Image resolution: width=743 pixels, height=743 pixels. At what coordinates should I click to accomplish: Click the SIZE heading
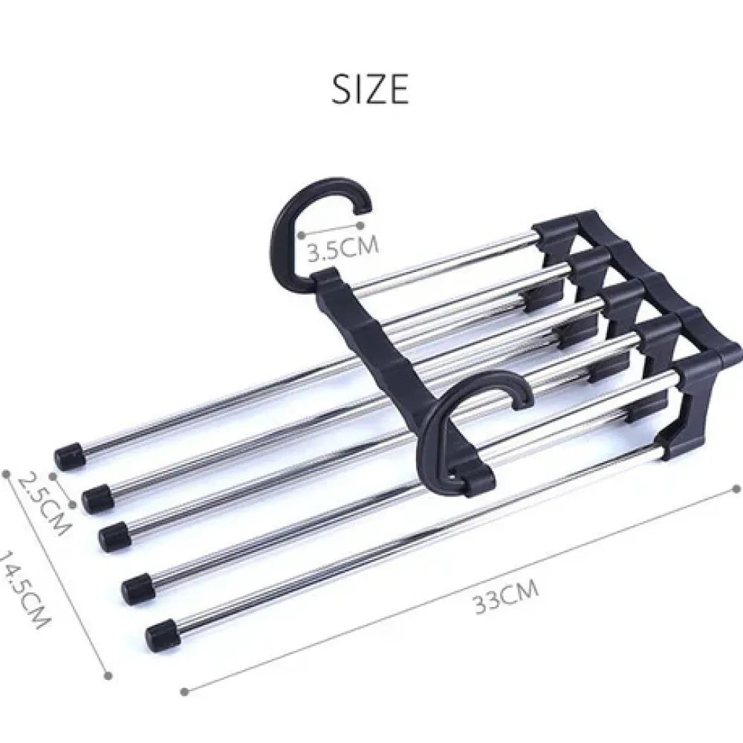click(370, 89)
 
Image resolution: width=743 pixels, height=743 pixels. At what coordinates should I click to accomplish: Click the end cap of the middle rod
click(114, 535)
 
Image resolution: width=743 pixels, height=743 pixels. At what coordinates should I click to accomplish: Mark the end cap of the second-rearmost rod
click(97, 498)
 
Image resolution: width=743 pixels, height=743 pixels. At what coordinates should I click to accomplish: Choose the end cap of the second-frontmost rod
click(137, 588)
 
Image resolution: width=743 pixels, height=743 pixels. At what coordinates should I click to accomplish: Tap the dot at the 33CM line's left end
click(184, 691)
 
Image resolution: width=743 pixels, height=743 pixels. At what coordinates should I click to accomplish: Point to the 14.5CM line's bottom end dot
click(108, 675)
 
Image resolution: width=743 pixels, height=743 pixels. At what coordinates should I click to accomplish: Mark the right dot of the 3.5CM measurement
click(360, 224)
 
